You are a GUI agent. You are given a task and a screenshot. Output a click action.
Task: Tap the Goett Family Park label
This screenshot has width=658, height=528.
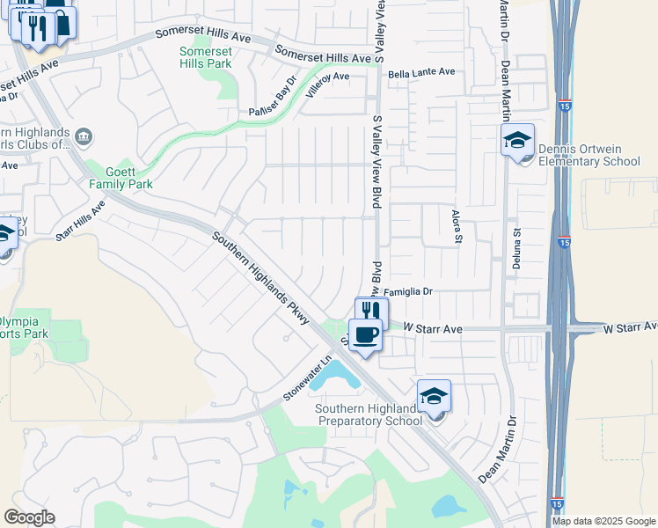pos(121,178)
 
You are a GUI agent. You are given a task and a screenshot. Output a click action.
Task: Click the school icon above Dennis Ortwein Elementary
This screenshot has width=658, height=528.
pos(517,139)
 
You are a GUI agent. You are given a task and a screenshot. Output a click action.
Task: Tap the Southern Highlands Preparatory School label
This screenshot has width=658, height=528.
pos(369,414)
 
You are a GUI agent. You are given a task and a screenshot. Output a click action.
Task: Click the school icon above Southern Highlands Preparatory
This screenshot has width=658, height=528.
pos(434,396)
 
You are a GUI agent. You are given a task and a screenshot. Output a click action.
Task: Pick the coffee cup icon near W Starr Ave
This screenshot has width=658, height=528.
pos(365,334)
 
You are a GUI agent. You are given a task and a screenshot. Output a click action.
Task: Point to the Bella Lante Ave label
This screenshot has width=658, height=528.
pos(421,72)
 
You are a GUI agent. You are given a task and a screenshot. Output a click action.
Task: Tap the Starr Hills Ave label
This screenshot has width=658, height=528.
pos(80,220)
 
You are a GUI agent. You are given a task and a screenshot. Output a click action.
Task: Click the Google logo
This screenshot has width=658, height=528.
pos(29,517)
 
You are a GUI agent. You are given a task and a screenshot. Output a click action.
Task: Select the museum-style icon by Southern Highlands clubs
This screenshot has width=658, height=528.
pos(83,136)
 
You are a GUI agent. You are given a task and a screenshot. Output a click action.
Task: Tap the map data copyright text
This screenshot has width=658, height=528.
pos(604,521)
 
